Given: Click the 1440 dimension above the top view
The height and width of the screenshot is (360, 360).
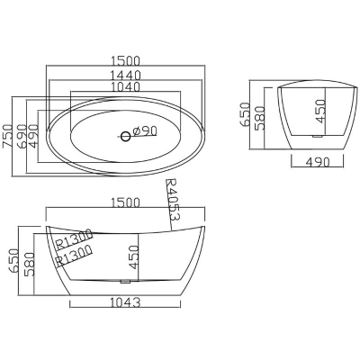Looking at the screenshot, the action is pos(125,75).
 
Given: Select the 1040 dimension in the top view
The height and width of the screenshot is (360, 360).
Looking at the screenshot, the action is pos(125,86).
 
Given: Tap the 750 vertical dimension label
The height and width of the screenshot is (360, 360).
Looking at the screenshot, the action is pos(7,136).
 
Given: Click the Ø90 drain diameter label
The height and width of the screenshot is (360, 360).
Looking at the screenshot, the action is pos(145,130).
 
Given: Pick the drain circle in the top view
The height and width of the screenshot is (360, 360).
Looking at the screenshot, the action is pos(126,137).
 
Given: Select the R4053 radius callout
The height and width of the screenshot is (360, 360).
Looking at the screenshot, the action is pos(173,200).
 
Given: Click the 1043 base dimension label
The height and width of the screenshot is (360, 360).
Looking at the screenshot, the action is pos(125,302).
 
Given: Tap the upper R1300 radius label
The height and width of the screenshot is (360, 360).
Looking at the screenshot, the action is pos(75,239).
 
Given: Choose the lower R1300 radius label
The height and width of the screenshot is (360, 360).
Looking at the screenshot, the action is pos(74,256).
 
